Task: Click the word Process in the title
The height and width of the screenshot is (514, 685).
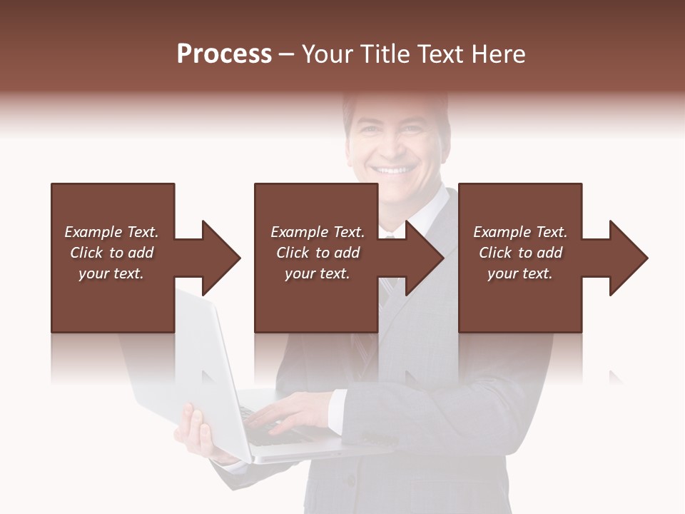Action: [224, 54]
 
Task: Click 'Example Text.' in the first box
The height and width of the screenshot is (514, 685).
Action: [111, 232]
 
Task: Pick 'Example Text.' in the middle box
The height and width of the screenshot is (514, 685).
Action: [318, 232]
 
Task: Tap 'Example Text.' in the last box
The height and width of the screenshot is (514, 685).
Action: [520, 232]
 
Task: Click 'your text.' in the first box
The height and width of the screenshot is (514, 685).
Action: [111, 273]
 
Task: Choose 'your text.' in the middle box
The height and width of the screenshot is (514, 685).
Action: [318, 273]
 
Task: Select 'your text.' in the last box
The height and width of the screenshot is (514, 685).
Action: [520, 273]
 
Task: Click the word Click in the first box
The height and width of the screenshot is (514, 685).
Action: [86, 253]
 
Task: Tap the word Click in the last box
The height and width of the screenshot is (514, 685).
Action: [495, 253]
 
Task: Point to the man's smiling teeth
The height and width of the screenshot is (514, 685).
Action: [395, 171]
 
